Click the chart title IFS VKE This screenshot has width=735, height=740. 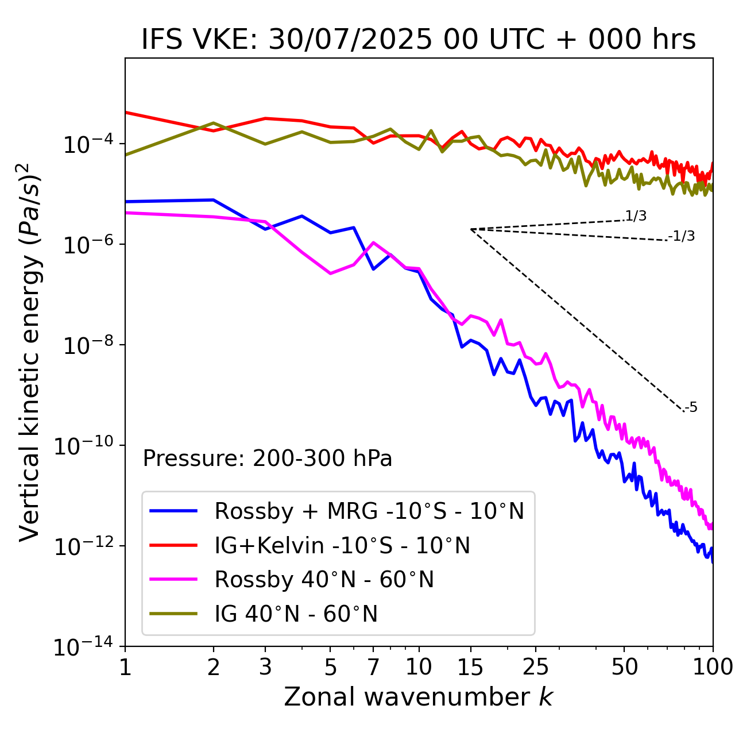[419, 40]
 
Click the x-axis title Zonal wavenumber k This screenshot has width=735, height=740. [419, 697]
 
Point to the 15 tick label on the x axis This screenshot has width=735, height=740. [470, 666]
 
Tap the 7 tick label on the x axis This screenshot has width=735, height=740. [373, 666]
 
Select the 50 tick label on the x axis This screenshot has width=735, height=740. [625, 666]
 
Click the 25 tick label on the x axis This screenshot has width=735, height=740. [535, 666]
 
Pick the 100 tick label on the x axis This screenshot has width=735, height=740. [713, 666]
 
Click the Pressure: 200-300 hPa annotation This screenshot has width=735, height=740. [268, 458]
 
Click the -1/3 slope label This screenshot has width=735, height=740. [682, 236]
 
